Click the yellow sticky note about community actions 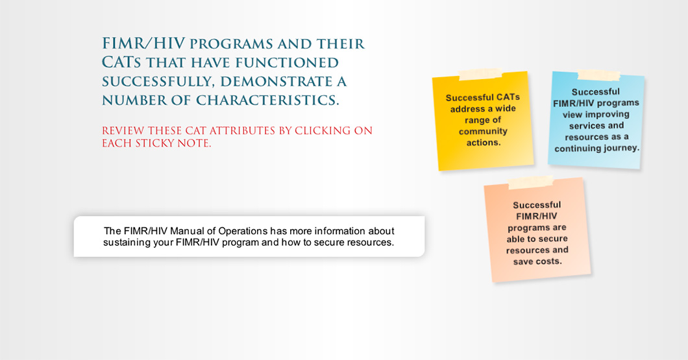click(483, 121)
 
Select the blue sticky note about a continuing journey click(596, 120)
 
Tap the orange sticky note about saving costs click(537, 230)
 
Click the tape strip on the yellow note click(480, 74)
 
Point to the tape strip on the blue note click(598, 75)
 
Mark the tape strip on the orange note click(530, 182)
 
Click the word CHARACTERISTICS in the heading click(267, 101)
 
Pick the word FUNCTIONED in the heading click(287, 63)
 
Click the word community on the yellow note click(483, 131)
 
